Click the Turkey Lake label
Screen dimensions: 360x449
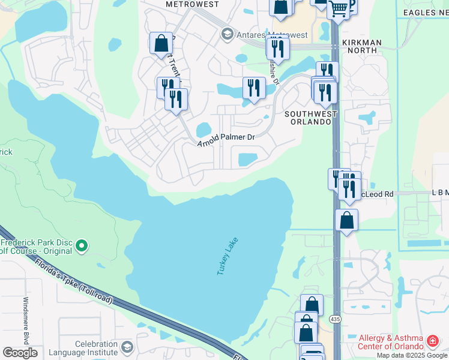[x=228, y=256]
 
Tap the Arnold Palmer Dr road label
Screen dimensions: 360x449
[x=227, y=137]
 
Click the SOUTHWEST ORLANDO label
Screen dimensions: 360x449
[x=308, y=118]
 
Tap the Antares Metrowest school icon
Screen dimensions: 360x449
[x=227, y=34]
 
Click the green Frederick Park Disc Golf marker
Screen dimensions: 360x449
[x=83, y=245]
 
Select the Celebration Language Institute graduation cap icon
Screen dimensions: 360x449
[x=127, y=347]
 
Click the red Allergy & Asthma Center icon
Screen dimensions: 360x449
[x=432, y=341]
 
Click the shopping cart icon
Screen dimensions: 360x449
[x=339, y=8]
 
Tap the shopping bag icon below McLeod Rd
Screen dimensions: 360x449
[x=346, y=220]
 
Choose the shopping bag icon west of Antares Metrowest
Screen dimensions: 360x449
[x=161, y=43]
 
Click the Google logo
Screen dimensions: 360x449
[x=20, y=353]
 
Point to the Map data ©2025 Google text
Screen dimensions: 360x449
[x=412, y=356]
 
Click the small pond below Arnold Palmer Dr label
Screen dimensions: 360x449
[x=248, y=160]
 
